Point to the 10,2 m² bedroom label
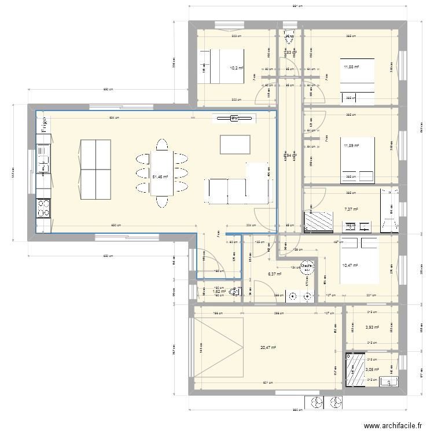(237, 68)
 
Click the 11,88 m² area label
(351, 67)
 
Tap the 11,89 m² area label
(351, 146)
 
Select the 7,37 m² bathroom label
(351, 209)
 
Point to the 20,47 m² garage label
(268, 348)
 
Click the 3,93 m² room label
(372, 327)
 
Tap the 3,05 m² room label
(372, 369)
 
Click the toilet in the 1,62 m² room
(234, 292)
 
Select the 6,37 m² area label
(274, 274)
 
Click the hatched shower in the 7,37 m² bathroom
(319, 222)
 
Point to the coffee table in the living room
(235, 144)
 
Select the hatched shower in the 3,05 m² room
(354, 370)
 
